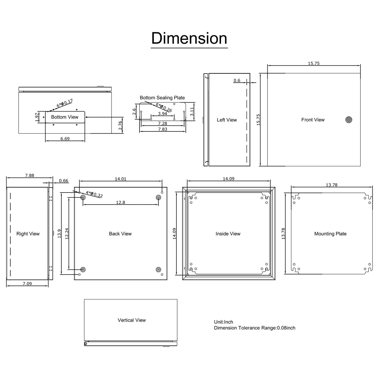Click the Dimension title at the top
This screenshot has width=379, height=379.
189,39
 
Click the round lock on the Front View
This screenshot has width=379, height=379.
349,120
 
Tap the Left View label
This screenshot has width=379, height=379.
227,120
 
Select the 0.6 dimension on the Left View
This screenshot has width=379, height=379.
237,81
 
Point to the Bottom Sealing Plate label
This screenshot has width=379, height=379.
162,98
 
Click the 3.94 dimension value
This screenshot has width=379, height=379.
163,114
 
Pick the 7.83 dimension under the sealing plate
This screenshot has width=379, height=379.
163,129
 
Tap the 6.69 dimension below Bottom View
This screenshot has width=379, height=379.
65,138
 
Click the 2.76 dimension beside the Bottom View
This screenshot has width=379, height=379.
120,125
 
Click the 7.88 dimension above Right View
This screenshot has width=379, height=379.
30,175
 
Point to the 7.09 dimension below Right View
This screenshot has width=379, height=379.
27,284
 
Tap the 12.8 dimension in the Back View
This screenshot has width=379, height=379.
121,202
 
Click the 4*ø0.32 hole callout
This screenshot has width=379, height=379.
94,195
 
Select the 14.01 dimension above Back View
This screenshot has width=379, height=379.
121,179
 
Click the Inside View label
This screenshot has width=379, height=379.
228,234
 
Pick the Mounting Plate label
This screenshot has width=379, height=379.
330,234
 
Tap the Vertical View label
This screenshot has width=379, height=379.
132,320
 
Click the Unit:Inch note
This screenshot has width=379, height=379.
223,322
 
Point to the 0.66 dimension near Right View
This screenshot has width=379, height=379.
63,181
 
